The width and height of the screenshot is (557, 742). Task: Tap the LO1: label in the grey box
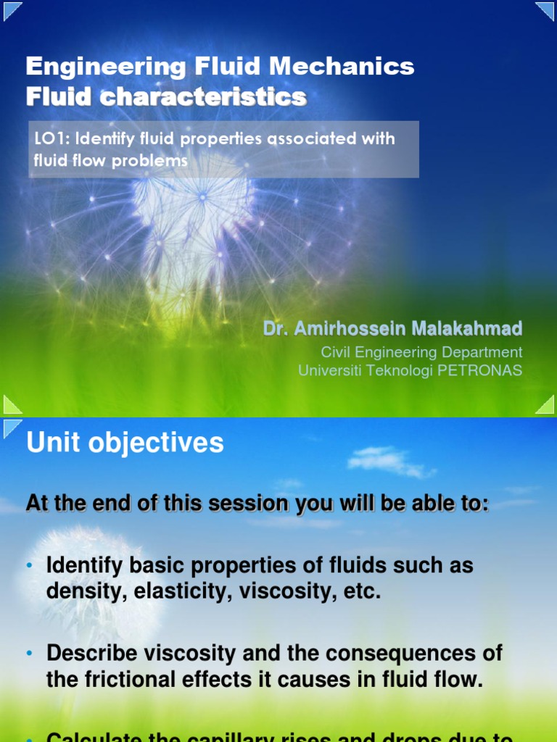tap(52, 138)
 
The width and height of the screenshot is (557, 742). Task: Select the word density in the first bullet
tap(80, 591)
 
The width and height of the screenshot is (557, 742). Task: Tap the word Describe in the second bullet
tap(91, 653)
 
